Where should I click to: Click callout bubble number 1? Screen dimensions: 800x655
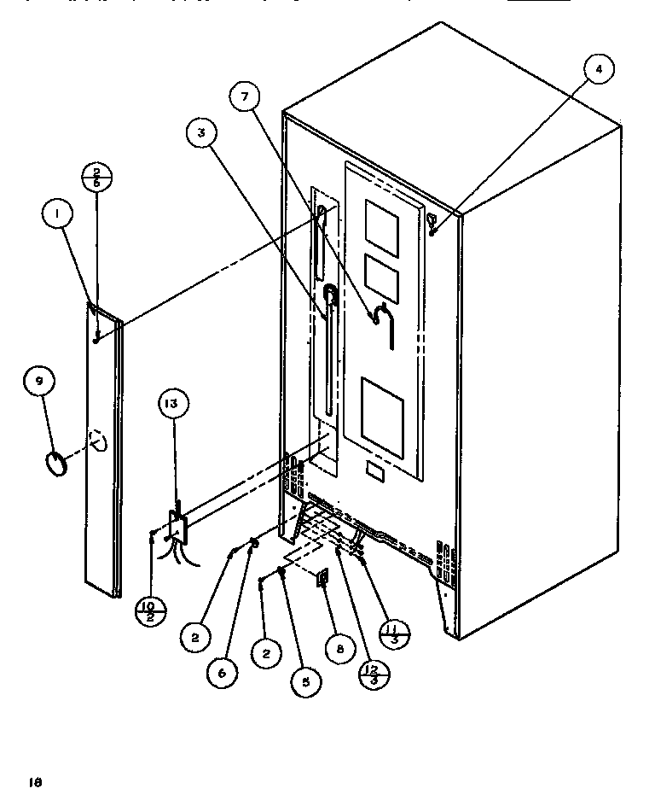pyautogui.click(x=56, y=216)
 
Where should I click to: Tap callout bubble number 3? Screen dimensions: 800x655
pyautogui.click(x=202, y=132)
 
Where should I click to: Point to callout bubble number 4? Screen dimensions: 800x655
pyautogui.click(x=598, y=71)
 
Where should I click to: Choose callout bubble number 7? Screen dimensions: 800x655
pyautogui.click(x=245, y=98)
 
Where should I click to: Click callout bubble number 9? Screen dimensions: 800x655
pyautogui.click(x=39, y=382)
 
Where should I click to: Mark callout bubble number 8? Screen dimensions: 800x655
pyautogui.click(x=339, y=649)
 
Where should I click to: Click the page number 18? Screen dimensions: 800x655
pyautogui.click(x=35, y=780)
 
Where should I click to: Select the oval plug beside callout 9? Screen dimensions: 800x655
pyautogui.click(x=57, y=466)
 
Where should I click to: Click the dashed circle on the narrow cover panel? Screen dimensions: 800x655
pyautogui.click(x=100, y=441)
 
